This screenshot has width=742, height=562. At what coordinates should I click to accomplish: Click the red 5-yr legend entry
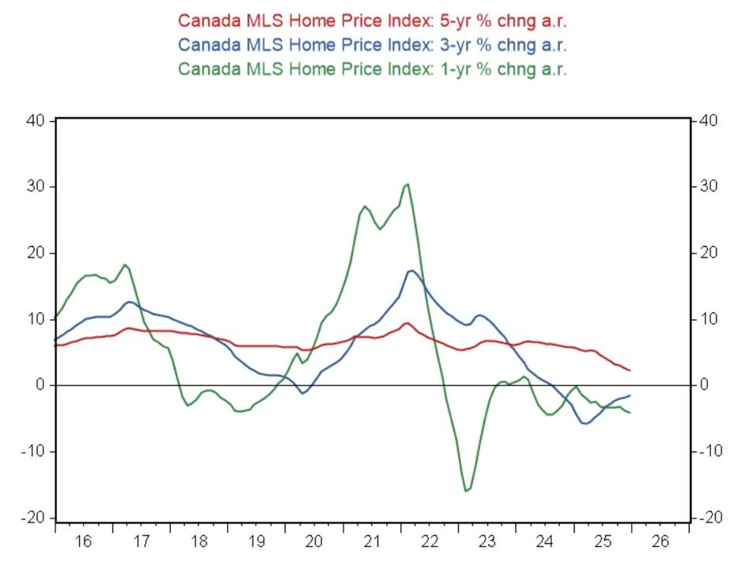coord(373,20)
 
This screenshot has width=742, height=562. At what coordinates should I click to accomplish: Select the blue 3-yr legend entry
coord(373,43)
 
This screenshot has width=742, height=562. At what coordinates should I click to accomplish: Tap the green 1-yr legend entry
coord(373,68)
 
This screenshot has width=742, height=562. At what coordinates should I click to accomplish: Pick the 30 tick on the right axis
coord(707,187)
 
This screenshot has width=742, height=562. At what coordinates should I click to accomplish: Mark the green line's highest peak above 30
coord(407,184)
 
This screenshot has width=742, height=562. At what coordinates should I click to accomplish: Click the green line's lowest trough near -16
coord(466,492)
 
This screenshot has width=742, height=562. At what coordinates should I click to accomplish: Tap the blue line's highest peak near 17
coord(412,271)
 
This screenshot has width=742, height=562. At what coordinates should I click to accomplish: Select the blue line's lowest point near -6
coord(586,424)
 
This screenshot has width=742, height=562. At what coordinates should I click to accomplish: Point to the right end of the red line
coord(630,370)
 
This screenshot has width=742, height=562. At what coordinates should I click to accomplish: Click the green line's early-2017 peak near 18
coord(125,264)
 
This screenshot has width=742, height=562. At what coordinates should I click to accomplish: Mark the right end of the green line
coord(630,413)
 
